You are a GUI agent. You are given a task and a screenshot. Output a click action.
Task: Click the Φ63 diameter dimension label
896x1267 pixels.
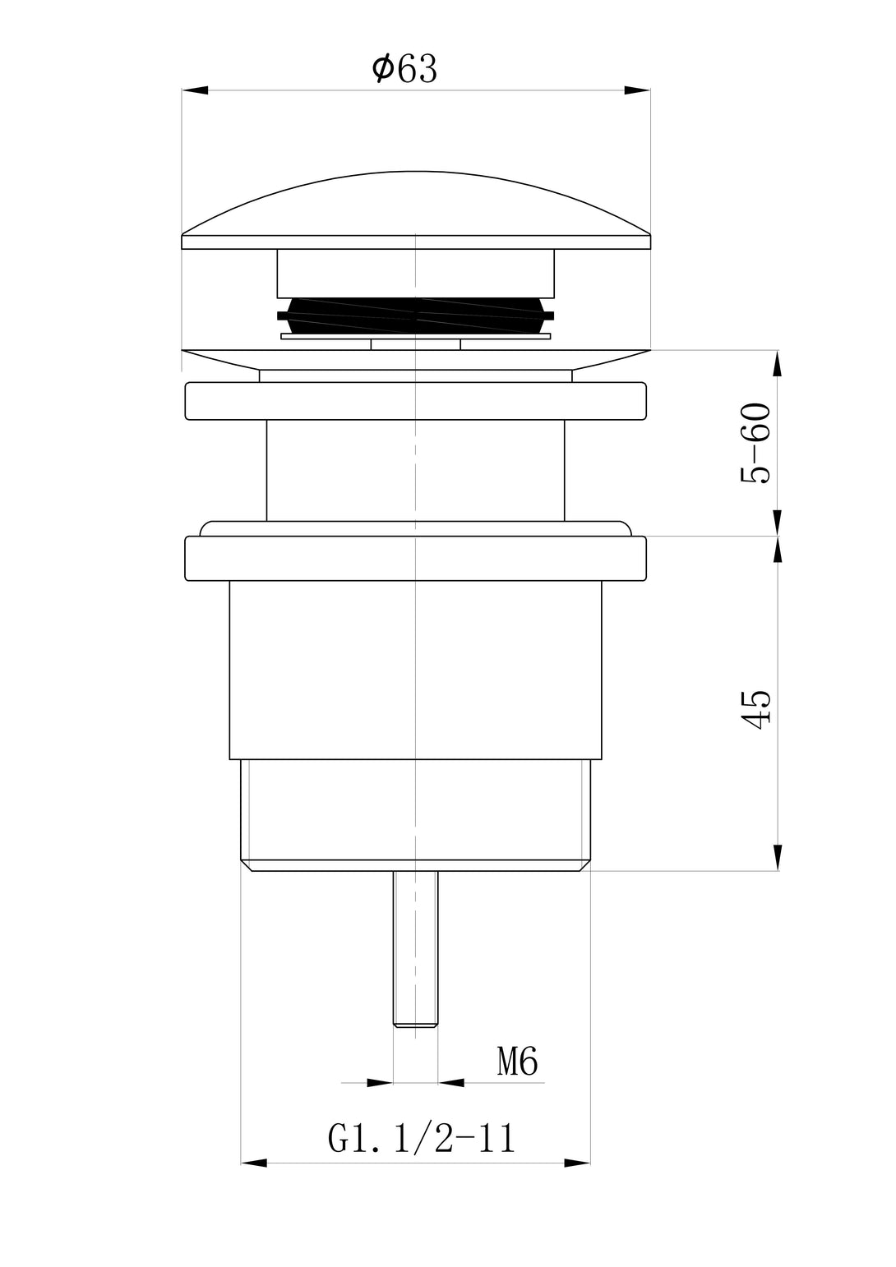[x=404, y=69]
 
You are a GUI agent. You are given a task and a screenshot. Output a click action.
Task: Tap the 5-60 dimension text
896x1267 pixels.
[x=755, y=443]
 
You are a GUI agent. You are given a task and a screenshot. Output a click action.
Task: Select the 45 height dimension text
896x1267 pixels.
[x=755, y=709]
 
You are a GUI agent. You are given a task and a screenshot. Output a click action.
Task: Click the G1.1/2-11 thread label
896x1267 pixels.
[x=422, y=1138]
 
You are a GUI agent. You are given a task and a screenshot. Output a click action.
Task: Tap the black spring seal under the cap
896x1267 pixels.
[x=415, y=316]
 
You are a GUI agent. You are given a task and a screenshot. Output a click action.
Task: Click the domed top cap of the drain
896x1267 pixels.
[x=415, y=210]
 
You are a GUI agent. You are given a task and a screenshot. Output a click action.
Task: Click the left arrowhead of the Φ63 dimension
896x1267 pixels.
[x=195, y=90]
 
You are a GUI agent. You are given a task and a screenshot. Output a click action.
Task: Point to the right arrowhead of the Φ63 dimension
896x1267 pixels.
[x=637, y=90]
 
